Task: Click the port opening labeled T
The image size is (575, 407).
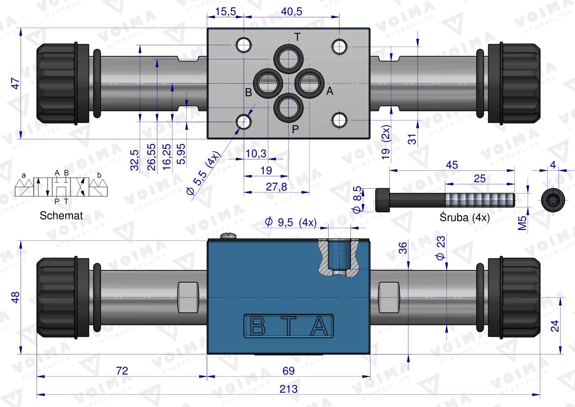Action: click(288, 59)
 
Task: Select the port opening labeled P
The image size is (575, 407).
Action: click(288, 108)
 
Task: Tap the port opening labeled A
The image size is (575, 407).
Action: click(309, 84)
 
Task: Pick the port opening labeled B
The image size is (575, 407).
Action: click(268, 84)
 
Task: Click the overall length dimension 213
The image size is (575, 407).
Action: click(288, 389)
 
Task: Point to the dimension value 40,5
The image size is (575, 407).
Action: click(291, 11)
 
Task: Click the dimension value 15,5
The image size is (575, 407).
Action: click(225, 11)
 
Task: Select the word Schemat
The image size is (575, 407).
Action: click(61, 216)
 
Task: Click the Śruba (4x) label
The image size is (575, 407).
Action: click(465, 217)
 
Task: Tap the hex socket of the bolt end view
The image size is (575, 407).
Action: click(553, 200)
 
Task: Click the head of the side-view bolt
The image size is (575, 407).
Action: click(382, 200)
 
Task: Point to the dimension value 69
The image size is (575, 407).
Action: click(288, 371)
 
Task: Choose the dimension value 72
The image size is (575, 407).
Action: click(122, 371)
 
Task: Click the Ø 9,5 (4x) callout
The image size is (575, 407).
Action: click(291, 222)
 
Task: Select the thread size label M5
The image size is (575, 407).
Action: click(522, 222)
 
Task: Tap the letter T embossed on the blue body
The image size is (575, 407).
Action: click(288, 326)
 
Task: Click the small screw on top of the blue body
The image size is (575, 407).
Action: click(228, 236)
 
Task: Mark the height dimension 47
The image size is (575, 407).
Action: click(16, 84)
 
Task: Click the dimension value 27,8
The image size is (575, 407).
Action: click(276, 187)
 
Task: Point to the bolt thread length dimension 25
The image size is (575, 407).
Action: click(480, 179)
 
